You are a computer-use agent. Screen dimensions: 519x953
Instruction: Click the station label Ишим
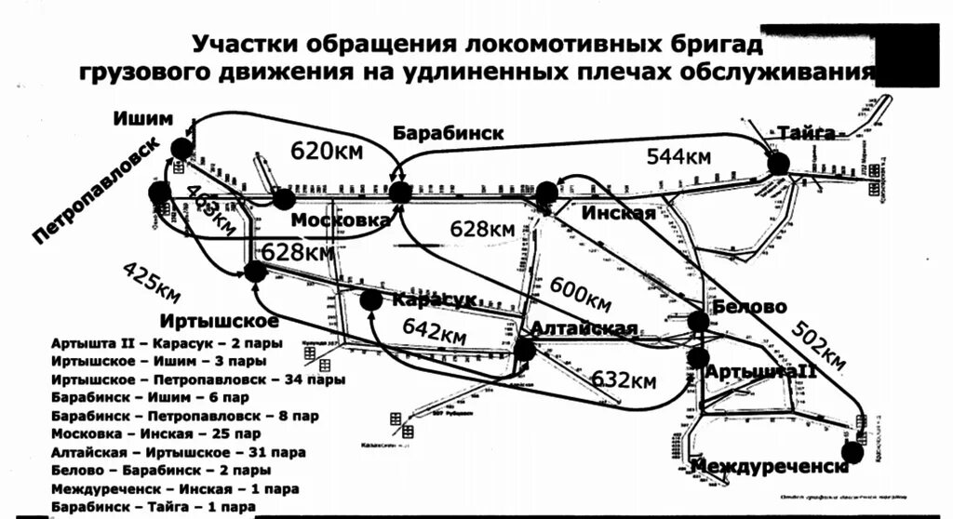tap(143, 118)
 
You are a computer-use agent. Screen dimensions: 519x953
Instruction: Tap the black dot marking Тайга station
tap(779, 164)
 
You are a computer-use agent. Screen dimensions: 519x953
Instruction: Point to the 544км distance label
tap(678, 155)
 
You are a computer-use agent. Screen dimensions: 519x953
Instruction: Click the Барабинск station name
tap(448, 132)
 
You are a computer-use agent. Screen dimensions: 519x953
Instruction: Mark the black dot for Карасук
tap(370, 299)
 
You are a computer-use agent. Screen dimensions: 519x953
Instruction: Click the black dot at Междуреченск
tap(851, 453)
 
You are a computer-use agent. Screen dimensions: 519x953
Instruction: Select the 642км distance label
tap(434, 330)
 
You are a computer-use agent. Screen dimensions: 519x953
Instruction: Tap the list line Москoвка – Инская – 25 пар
tap(156, 433)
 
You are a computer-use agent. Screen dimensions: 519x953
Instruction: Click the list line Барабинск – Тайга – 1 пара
tap(154, 507)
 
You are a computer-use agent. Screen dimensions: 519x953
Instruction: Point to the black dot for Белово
tap(698, 321)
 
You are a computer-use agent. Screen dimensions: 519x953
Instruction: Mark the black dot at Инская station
tap(547, 193)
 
